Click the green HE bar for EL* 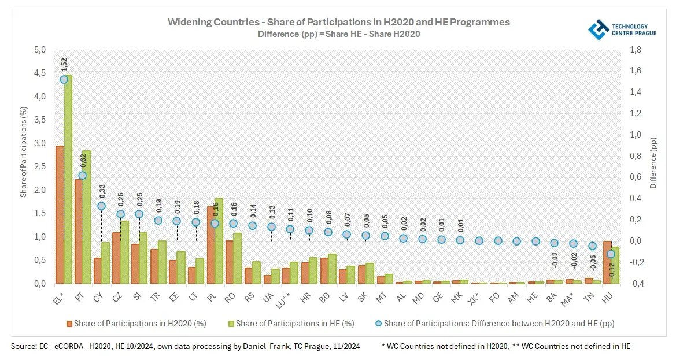68,179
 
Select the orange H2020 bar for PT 79,231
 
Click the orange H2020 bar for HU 607,262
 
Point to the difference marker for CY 101,206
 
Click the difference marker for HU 611,254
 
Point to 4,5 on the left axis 39,73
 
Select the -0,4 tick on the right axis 634,284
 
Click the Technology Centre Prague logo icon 598,29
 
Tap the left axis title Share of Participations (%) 24,151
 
